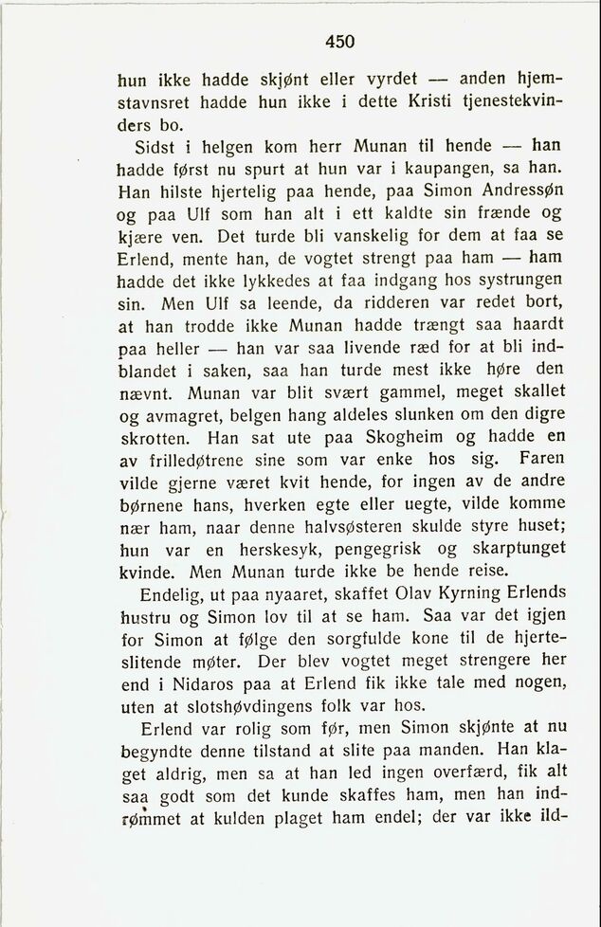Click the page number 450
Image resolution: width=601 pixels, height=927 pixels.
click(x=339, y=41)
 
